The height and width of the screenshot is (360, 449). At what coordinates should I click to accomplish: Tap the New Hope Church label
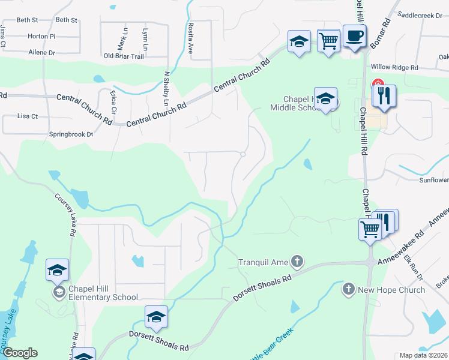coord(391,290)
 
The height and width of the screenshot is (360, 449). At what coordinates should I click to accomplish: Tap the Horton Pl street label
coord(41,36)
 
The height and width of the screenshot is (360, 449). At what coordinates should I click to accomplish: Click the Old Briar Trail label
coord(124,56)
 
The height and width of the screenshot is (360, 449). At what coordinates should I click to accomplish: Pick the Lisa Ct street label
coord(28,116)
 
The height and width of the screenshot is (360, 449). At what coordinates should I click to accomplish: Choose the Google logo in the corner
coord(19,353)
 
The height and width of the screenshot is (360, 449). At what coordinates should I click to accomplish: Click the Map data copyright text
coord(424,355)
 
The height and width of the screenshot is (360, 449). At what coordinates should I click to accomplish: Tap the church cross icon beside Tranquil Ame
coord(297,261)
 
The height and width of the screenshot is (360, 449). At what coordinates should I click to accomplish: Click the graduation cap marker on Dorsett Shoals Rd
coord(156,317)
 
